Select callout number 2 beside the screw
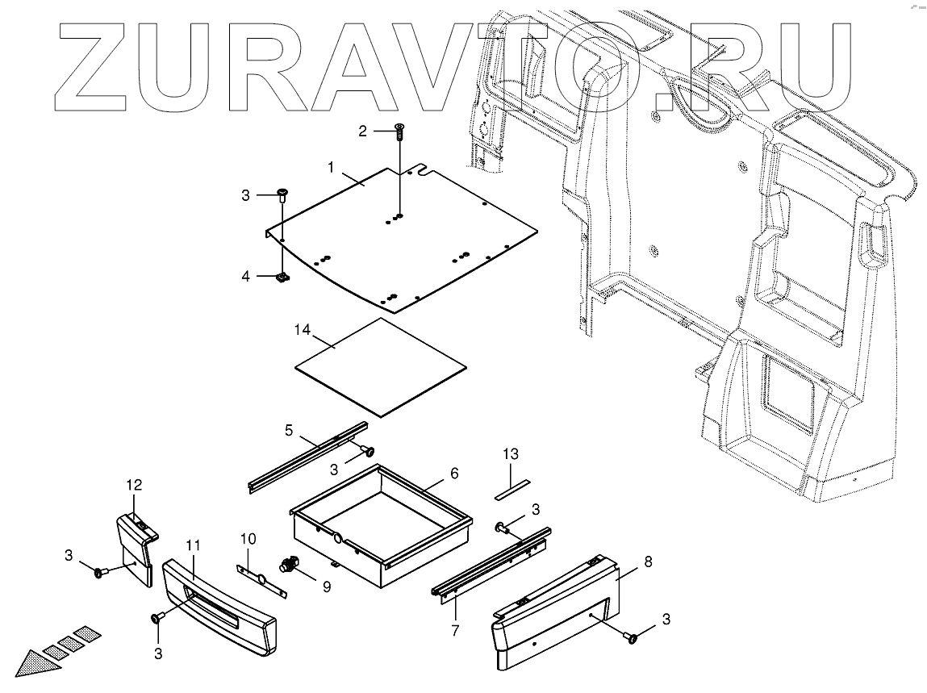coord(363,131)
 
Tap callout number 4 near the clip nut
coord(246,276)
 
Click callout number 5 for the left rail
coord(290,429)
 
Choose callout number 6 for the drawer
coord(454,473)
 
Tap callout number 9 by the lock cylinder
coord(326,587)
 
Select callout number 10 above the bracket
coord(248,537)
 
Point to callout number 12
coord(133,485)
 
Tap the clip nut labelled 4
coord(282,278)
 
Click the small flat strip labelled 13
coord(511,488)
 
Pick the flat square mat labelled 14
coord(381,366)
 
